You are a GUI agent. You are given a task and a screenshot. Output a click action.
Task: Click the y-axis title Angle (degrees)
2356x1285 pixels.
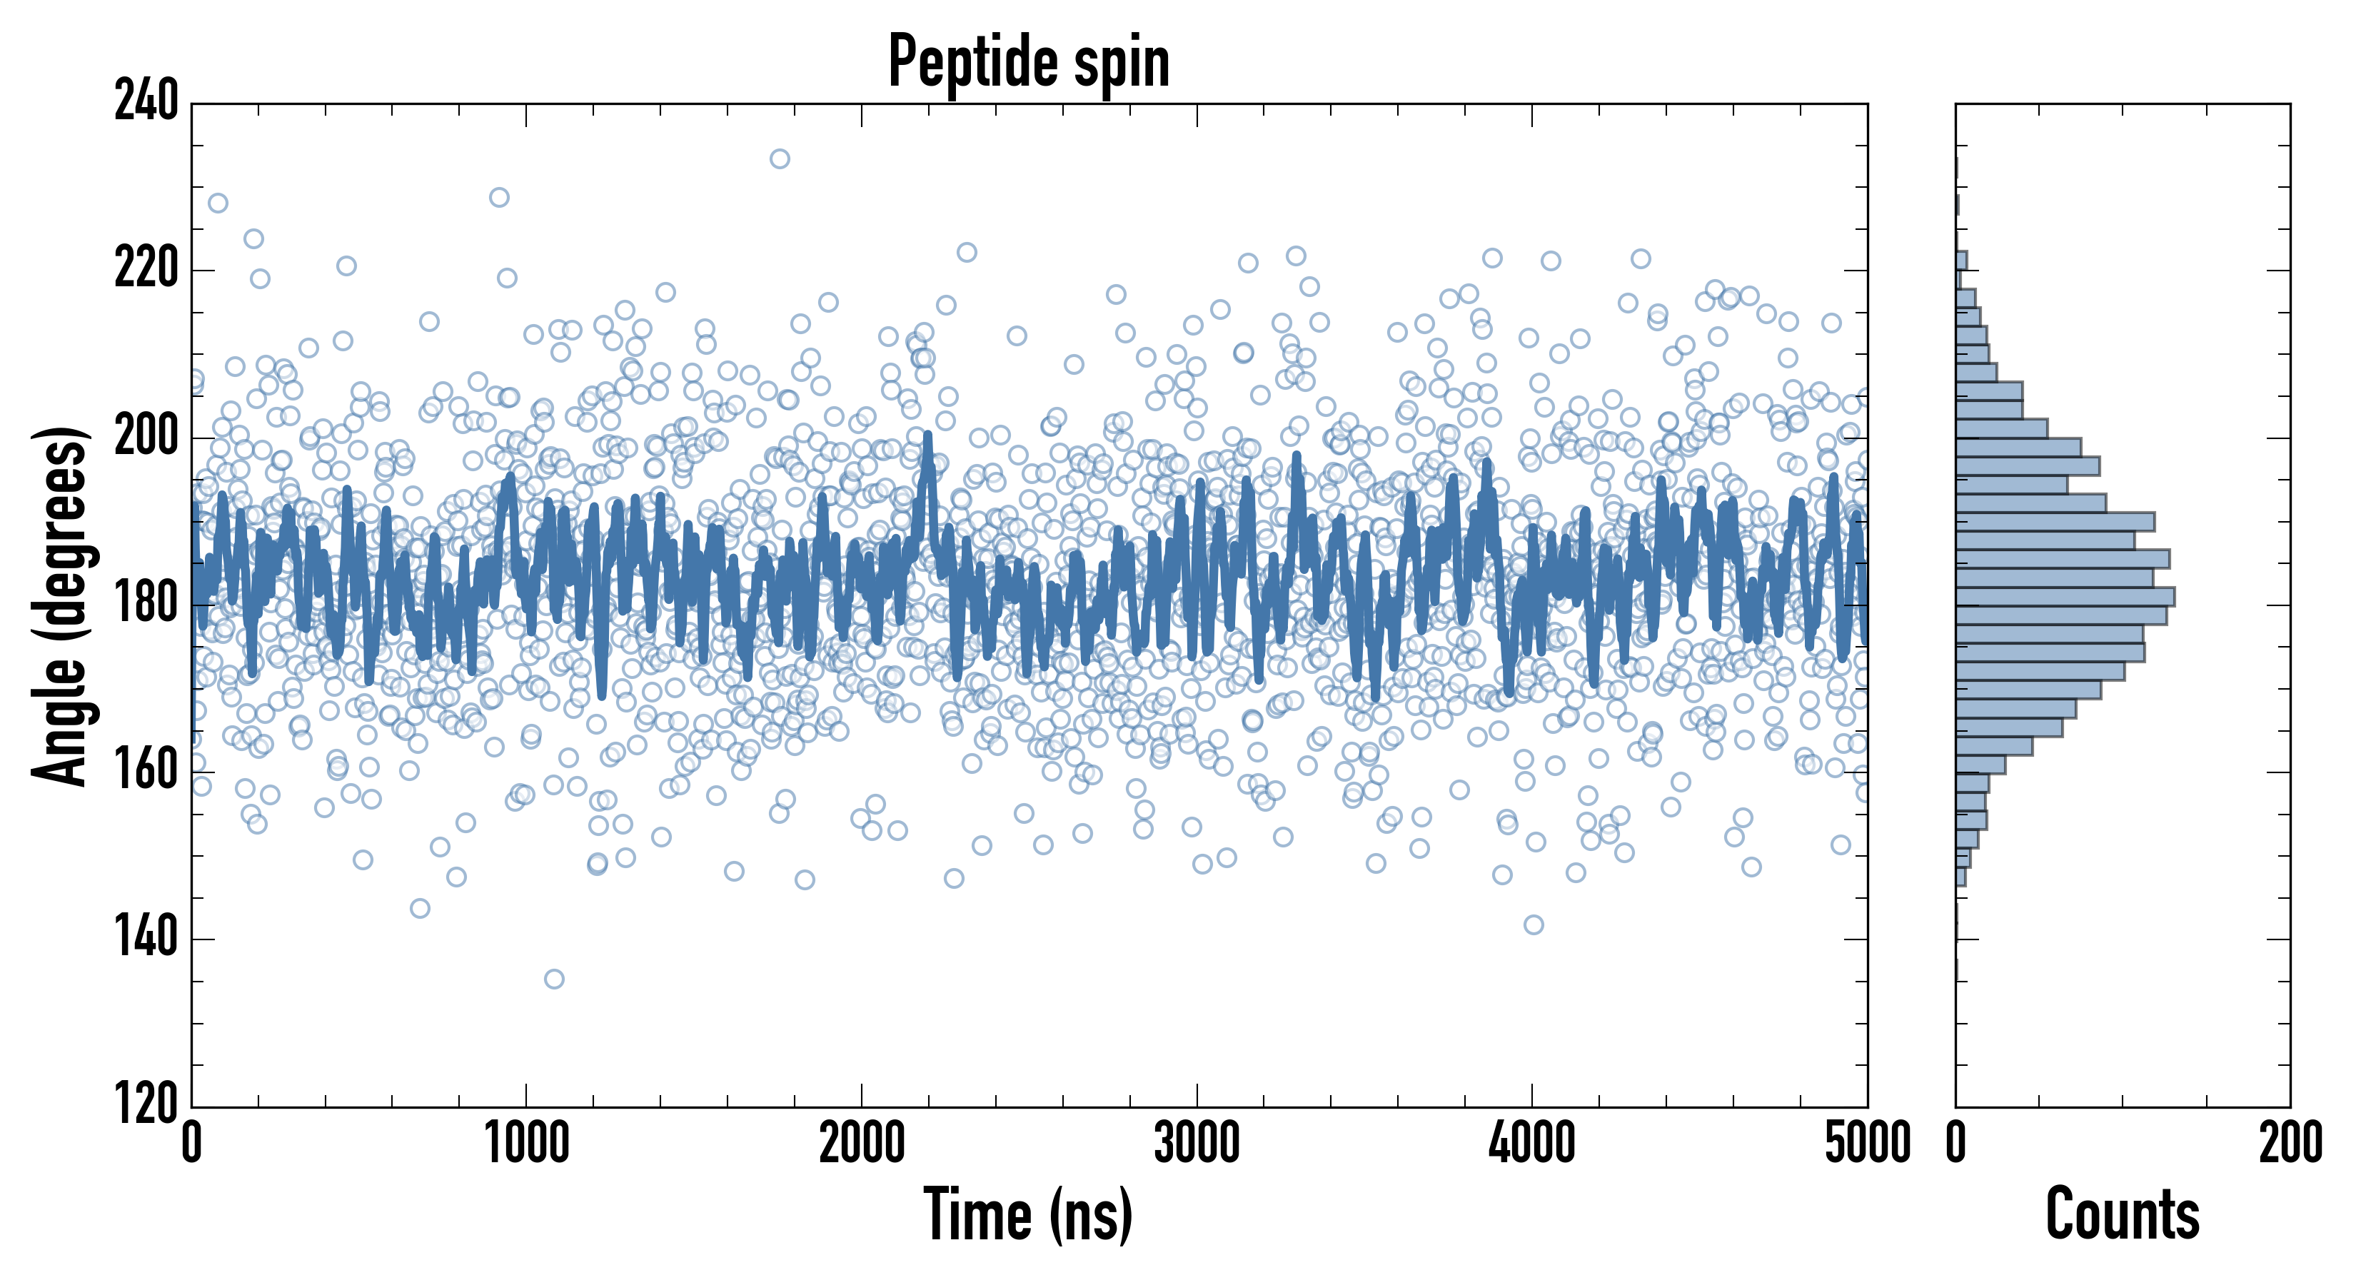61,605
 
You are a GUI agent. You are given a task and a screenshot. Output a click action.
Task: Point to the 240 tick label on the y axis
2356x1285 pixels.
146,102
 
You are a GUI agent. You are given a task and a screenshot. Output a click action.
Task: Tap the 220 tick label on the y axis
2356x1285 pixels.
146,270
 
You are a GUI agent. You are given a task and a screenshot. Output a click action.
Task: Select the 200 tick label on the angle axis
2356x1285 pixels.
146,437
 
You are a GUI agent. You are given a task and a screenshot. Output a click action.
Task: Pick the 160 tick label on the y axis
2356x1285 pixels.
146,772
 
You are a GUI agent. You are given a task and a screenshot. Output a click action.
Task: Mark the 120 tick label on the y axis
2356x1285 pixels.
146,1105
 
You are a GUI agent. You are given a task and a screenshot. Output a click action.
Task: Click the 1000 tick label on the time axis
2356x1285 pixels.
527,1143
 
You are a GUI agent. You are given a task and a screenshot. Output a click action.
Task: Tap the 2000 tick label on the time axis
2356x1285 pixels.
862,1143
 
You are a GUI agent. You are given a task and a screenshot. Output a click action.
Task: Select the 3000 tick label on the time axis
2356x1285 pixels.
1197,1143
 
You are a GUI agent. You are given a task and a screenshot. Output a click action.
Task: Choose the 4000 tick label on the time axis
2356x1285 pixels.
1532,1143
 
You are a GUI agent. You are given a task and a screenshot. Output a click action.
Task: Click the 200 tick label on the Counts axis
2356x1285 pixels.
2290,1143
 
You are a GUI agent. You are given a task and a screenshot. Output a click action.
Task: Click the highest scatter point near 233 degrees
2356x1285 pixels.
779,159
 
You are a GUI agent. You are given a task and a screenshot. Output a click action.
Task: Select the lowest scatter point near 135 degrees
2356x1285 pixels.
554,979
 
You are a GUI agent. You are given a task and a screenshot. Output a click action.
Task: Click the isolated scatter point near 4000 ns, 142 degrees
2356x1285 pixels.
1534,924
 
